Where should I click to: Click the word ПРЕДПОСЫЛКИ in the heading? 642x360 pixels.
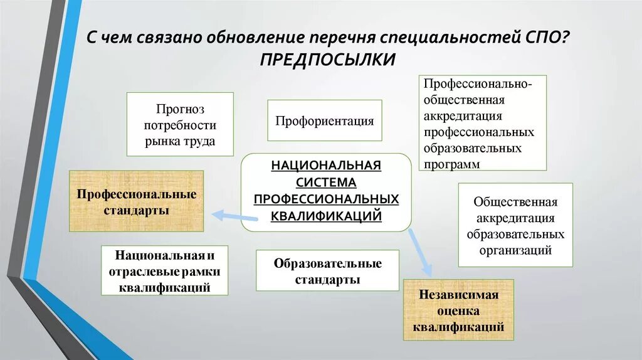coord(327,60)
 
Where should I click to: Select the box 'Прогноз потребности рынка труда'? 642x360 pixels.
coord(180,124)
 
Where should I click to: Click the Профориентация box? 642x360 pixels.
coord(324,120)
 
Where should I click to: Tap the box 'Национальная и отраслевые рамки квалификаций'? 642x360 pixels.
coord(164,271)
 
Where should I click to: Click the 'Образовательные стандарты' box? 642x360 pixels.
coord(327,271)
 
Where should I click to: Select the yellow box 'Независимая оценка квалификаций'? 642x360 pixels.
coord(458,310)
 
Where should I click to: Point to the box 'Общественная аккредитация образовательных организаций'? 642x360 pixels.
coord(515,225)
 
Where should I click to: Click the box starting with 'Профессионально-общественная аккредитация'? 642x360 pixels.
coord(482,123)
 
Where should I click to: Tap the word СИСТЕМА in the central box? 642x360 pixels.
coord(326,183)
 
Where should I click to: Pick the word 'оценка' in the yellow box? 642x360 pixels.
coord(459,310)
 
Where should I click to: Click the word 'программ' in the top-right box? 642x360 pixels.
coord(452,164)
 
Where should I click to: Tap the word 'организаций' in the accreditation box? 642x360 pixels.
coord(515,250)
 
